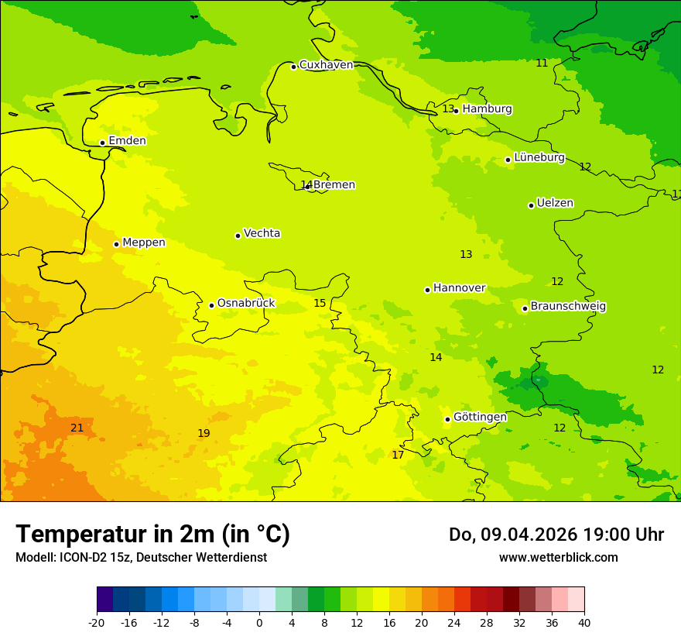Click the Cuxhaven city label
pyautogui.click(x=326, y=65)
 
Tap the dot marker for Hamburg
pyautogui.click(x=456, y=111)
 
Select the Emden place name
pyautogui.click(x=127, y=141)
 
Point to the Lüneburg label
pyautogui.click(x=539, y=157)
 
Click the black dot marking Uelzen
pyautogui.click(x=531, y=205)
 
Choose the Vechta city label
pyautogui.click(x=262, y=233)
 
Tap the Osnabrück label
pyautogui.click(x=246, y=303)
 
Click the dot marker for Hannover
pyautogui.click(x=427, y=290)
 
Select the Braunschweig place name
pyautogui.click(x=568, y=306)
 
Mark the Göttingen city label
pyautogui.click(x=480, y=417)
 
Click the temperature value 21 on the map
pyautogui.click(x=77, y=428)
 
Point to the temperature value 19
pyautogui.click(x=204, y=433)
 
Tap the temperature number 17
pyautogui.click(x=398, y=455)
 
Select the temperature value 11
pyautogui.click(x=542, y=63)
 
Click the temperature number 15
pyautogui.click(x=320, y=303)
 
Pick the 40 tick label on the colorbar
pyautogui.click(x=584, y=622)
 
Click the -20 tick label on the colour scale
pyautogui.click(x=97, y=622)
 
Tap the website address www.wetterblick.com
pyautogui.click(x=558, y=557)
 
